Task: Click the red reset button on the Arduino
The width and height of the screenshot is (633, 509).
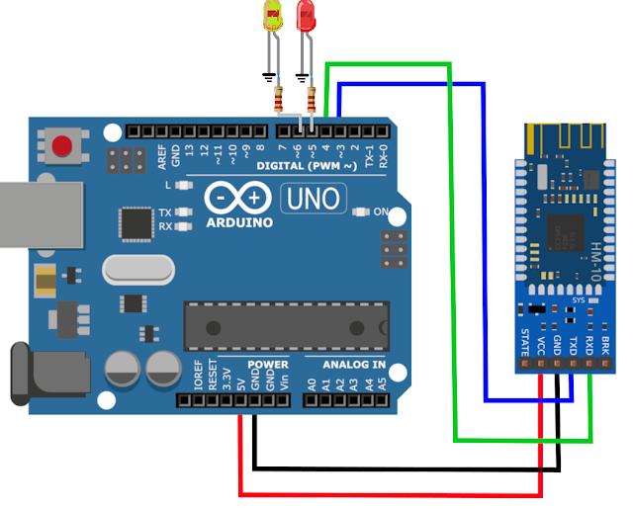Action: [x=62, y=146]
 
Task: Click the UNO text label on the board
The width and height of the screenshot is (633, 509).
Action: [x=314, y=199]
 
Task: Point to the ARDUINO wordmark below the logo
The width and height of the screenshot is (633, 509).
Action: [x=239, y=222]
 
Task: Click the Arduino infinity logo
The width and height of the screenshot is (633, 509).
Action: [x=239, y=198]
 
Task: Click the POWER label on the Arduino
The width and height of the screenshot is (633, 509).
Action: [x=268, y=365]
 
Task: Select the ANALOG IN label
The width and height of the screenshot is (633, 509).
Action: [x=353, y=365]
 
